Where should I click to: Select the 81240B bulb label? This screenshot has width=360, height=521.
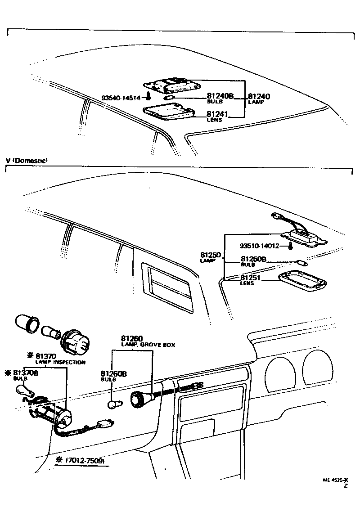point(220,96)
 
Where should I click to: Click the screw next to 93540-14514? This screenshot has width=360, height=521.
point(148,97)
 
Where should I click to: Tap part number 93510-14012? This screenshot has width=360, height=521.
point(259,246)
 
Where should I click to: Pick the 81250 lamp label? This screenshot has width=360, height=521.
point(210,255)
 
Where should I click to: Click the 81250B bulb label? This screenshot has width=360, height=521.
point(254,259)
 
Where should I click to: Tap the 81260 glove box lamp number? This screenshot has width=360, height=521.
point(132,338)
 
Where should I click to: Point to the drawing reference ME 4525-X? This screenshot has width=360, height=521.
point(335,480)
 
